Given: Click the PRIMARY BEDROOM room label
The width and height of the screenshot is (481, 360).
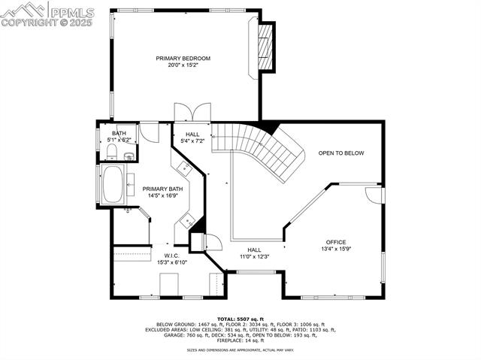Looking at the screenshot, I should [x=183, y=58].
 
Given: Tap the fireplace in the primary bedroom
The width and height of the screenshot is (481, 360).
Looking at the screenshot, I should [x=264, y=49].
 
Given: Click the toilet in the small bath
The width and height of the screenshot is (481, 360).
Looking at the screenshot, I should [x=110, y=153].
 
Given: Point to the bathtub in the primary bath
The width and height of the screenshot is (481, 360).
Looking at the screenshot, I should [x=113, y=184].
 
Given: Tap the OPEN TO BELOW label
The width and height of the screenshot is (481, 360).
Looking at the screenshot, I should [x=340, y=153].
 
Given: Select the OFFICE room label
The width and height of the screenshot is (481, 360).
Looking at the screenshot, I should [x=336, y=242].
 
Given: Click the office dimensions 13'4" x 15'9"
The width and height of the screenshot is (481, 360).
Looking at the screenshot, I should [x=336, y=249].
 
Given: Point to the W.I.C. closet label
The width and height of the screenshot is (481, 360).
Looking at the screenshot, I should [x=171, y=256].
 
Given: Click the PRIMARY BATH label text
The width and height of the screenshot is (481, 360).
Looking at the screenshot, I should [x=162, y=189].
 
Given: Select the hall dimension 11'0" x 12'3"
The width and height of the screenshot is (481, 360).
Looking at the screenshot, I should [x=254, y=256].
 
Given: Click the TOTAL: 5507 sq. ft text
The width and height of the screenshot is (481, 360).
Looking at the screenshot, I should [x=240, y=319].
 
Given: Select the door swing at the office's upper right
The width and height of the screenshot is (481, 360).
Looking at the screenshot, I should [x=373, y=194].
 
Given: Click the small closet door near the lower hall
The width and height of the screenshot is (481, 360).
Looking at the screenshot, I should [x=213, y=242].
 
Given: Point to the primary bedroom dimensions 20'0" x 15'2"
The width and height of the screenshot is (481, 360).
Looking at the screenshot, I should [x=183, y=65].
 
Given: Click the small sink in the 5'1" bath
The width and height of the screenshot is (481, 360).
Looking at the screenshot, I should [x=129, y=156].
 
